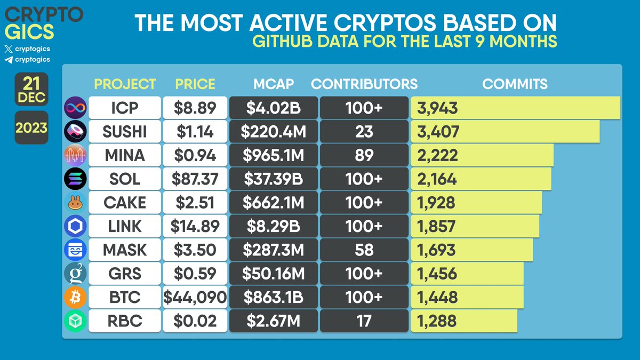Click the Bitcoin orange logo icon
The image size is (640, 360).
coord(74,297)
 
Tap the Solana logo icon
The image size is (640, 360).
coord(74,179)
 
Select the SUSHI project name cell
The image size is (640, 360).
coord(125,132)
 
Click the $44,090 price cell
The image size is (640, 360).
coord(195,297)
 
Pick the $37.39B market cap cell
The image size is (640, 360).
coord(273,179)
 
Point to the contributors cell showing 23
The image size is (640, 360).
coord(364,132)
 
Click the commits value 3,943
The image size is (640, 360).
coord(438,108)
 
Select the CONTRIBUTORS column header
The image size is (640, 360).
coord(364,84)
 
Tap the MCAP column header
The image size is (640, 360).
coord(273,84)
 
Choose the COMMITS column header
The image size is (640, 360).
coord(515,84)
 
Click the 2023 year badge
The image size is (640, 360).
coord(31,129)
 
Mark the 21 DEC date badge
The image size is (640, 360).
coord(31,90)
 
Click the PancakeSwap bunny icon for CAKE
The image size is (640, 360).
coord(74,203)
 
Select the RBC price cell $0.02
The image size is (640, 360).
coord(195,321)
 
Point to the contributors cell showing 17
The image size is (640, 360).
coord(364,321)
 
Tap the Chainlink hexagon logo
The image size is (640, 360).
coord(74,226)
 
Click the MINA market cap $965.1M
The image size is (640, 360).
coord(273,155)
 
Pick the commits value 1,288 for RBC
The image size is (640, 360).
coord(437,321)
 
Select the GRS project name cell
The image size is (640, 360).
coord(125,274)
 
